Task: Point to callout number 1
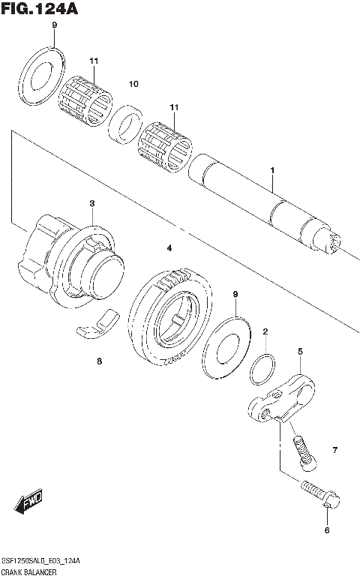tap(272, 172)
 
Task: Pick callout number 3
tap(91, 203)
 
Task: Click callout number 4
tap(169, 248)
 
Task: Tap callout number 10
tap(133, 84)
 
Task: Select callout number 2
tap(265, 331)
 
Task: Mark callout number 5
tap(299, 351)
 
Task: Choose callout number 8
tap(98, 361)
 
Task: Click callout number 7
tap(335, 450)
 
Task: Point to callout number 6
tap(326, 531)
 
